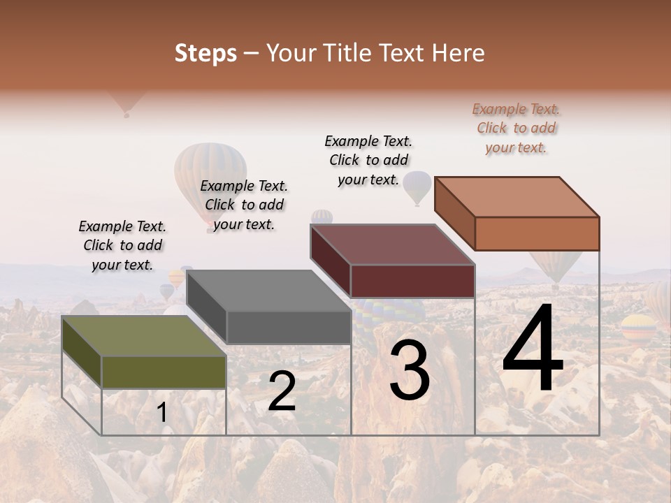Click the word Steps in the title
click(205, 53)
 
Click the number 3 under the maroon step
click(410, 370)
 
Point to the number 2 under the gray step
click(282, 391)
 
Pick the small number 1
click(162, 413)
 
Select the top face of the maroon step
click(392, 245)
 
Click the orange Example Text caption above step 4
click(516, 128)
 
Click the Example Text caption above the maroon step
click(368, 160)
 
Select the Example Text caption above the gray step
click(244, 205)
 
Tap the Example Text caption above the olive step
click(122, 245)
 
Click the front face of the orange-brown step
click(537, 233)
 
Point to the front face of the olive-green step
click(164, 372)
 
